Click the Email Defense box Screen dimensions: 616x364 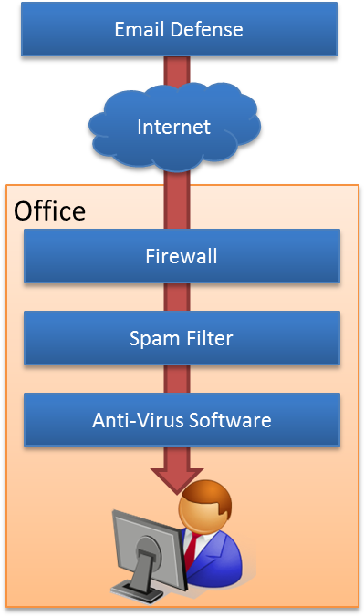pyautogui.click(x=179, y=29)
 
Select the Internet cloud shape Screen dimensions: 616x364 pyautogui.click(x=173, y=127)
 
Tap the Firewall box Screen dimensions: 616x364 pyautogui.click(x=182, y=255)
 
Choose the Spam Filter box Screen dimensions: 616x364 pyautogui.click(x=182, y=338)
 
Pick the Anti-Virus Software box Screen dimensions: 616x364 pyautogui.click(x=182, y=420)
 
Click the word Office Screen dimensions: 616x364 pyautogui.click(x=49, y=210)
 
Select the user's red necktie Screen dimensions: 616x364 pyautogui.click(x=189, y=552)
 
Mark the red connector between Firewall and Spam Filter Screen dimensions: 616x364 pyautogui.click(x=177, y=297)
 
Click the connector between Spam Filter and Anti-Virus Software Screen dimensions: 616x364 pyautogui.click(x=177, y=379)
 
